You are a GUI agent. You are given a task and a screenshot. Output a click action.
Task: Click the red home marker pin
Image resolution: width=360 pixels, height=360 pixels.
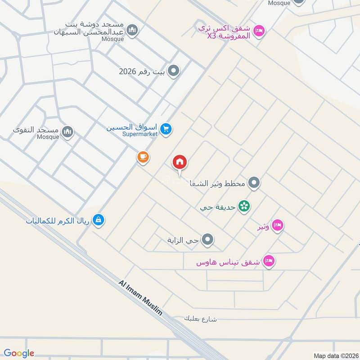(x=180, y=162)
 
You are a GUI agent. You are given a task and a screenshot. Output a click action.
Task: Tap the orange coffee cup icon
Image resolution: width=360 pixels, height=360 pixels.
(x=143, y=157)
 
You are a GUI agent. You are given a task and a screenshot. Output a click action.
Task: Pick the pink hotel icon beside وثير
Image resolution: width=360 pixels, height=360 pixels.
(x=278, y=225)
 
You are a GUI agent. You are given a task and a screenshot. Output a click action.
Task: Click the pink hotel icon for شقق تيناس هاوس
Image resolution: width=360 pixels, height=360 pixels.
(x=269, y=261)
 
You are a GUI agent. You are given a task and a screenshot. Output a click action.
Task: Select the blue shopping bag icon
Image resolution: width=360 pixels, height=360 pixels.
(x=99, y=220)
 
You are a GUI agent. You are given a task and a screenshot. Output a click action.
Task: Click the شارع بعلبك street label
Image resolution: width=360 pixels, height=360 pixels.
(x=200, y=319)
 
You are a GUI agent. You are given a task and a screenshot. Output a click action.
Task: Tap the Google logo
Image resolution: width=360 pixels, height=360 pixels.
(x=19, y=353)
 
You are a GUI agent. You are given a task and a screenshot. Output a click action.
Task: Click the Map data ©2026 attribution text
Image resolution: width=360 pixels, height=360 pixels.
(x=335, y=355)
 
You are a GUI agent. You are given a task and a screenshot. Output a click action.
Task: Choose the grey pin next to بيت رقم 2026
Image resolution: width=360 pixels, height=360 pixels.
(x=174, y=71)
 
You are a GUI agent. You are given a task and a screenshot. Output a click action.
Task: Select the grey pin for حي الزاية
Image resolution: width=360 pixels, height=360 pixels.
(x=207, y=240)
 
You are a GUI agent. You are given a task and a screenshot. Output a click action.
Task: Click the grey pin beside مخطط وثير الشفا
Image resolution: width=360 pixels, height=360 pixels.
(x=254, y=183)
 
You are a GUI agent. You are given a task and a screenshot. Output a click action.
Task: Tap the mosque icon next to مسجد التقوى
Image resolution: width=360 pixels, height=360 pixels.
(x=67, y=132)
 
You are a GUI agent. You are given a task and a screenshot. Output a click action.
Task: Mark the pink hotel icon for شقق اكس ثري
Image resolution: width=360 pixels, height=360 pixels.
(x=259, y=31)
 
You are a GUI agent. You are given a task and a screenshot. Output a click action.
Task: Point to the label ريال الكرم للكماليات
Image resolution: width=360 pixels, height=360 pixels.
(x=58, y=220)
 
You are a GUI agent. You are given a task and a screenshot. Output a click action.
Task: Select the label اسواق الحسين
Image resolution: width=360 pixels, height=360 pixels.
(x=133, y=127)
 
